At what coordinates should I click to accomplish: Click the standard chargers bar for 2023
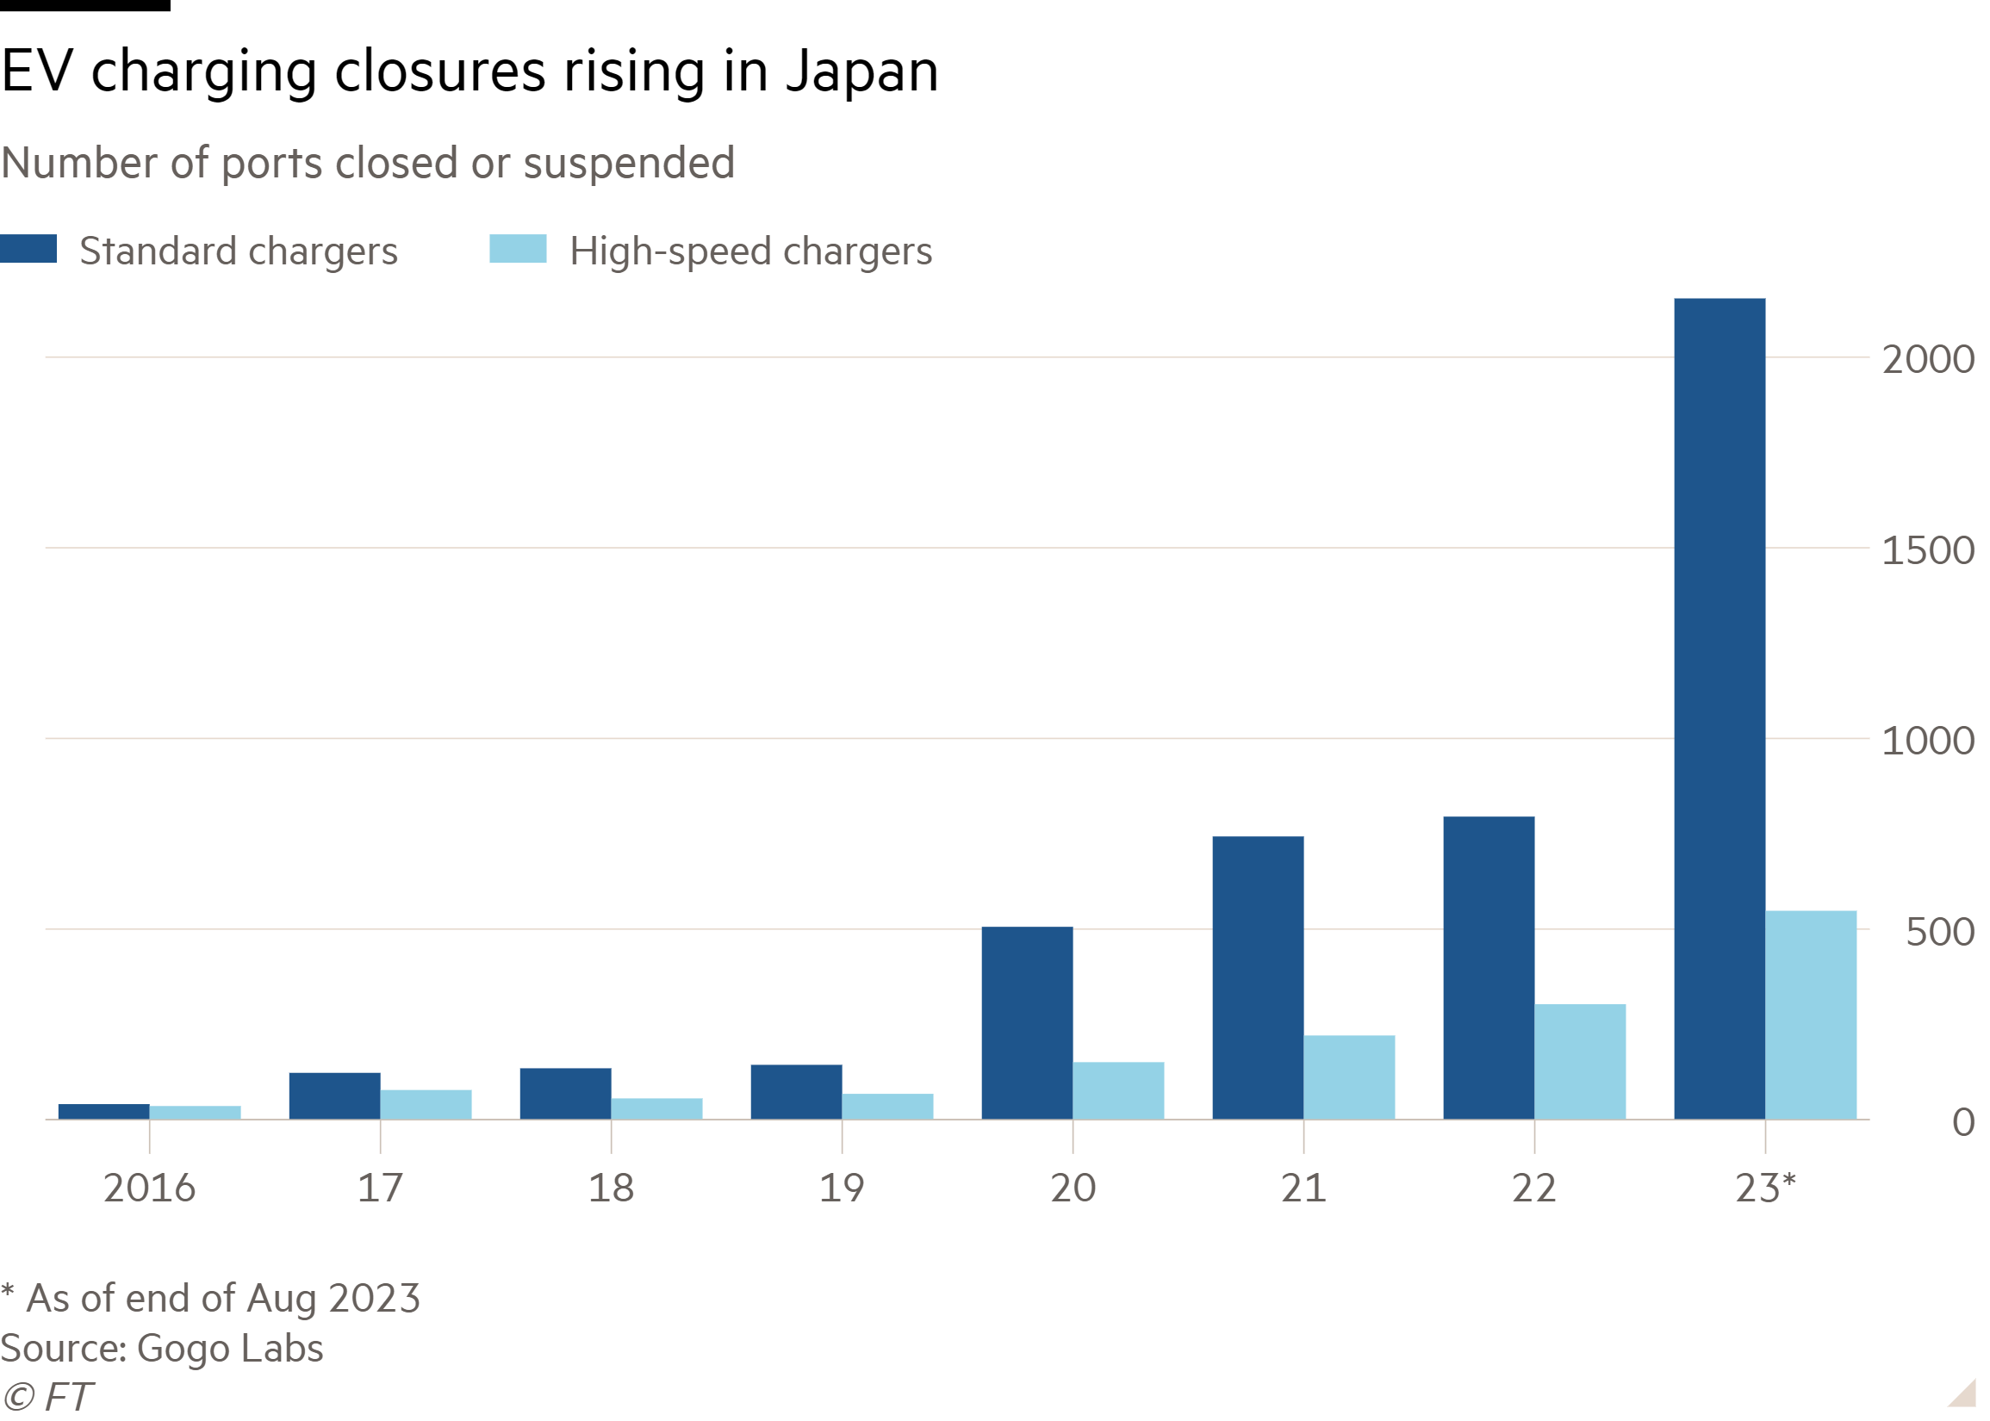click(1719, 709)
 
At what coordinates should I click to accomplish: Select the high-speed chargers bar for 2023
click(1811, 1015)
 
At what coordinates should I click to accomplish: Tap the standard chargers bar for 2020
click(1027, 1023)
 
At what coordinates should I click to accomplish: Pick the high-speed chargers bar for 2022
click(1580, 1061)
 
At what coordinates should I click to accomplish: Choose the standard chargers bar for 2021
click(1258, 977)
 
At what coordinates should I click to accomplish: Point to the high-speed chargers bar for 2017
click(426, 1104)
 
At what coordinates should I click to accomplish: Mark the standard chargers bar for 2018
click(564, 1093)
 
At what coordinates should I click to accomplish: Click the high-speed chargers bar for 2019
click(887, 1106)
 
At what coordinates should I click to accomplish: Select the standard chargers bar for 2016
click(103, 1111)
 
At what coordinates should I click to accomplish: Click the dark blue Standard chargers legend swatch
click(28, 250)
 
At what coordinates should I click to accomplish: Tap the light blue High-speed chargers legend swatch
click(517, 250)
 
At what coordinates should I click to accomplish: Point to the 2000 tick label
click(1928, 360)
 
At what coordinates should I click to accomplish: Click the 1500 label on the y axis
click(1928, 551)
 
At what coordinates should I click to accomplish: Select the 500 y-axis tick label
click(1939, 933)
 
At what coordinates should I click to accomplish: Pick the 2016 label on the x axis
click(149, 1188)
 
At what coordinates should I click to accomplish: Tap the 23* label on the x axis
click(1765, 1188)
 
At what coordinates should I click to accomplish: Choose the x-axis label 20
click(1072, 1188)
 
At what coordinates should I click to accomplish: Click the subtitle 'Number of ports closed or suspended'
click(368, 164)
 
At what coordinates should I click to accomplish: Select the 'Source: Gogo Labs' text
click(162, 1349)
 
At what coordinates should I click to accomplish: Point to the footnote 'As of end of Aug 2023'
click(222, 1299)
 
